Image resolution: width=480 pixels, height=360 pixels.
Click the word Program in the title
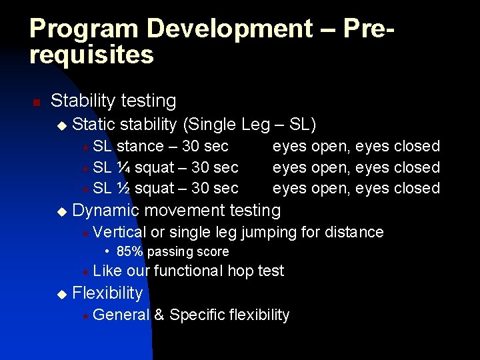[x=85, y=29]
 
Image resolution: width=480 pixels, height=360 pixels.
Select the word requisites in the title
[x=91, y=55]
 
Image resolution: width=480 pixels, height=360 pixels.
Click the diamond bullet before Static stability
[x=62, y=125]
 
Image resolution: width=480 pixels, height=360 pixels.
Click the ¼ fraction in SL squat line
[x=123, y=167]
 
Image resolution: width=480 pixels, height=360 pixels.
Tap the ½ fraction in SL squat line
[x=123, y=188]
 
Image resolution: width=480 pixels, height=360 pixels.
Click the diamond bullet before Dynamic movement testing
[x=62, y=211]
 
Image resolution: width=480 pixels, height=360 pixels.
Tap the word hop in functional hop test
[x=242, y=271]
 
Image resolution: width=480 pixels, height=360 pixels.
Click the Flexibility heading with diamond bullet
[x=107, y=293]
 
